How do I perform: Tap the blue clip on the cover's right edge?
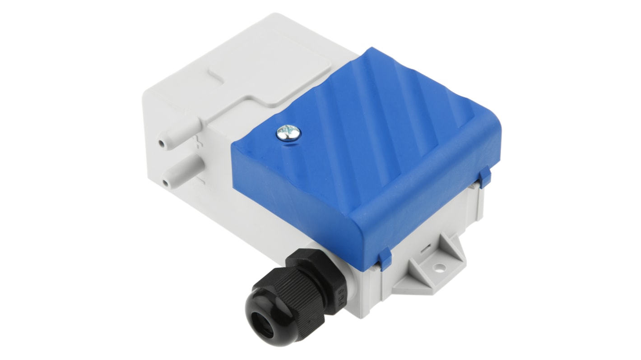(x=484, y=177)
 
